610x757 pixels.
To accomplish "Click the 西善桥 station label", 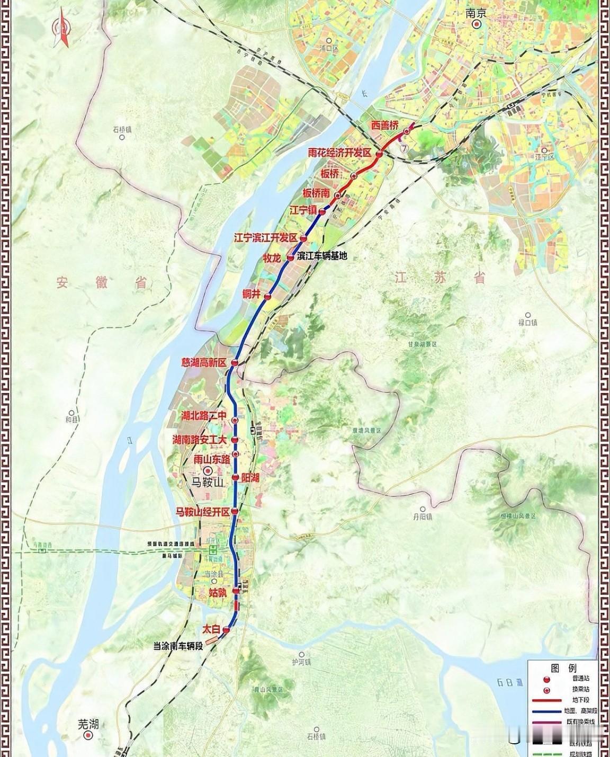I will tap(384, 126).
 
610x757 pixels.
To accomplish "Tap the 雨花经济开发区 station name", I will tap(341, 153).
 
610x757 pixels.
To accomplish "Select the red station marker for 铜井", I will tap(268, 297).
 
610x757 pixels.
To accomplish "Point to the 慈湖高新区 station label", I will tap(203, 363).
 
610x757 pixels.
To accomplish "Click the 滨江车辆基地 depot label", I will tap(322, 256).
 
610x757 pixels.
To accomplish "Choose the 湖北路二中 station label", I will tap(204, 416).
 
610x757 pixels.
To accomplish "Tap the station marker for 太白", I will tap(227, 630).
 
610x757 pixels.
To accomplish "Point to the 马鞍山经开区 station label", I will tap(203, 512).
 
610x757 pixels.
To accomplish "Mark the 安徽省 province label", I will tap(101, 282).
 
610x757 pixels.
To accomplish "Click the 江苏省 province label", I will tap(439, 277).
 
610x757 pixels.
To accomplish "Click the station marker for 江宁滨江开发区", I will tap(303, 238).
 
